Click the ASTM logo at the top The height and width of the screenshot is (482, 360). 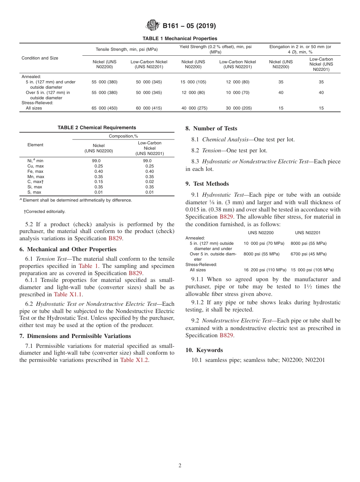[x=153, y=25]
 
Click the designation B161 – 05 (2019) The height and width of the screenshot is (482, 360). [x=189, y=26]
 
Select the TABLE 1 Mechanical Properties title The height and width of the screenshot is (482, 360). [x=180, y=38]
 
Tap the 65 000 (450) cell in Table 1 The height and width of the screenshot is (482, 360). [x=104, y=108]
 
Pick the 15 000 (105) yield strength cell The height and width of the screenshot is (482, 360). [x=193, y=82]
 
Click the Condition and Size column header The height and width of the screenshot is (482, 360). [x=40, y=58]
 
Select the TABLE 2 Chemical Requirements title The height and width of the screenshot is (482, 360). [x=97, y=128]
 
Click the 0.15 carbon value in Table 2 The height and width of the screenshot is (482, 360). [x=99, y=182]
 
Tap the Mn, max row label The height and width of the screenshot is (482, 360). [x=36, y=177]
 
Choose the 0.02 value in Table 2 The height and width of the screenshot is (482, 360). [x=150, y=182]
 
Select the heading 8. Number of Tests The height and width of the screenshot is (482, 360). [x=211, y=128]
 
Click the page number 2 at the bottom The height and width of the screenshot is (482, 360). [x=180, y=466]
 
